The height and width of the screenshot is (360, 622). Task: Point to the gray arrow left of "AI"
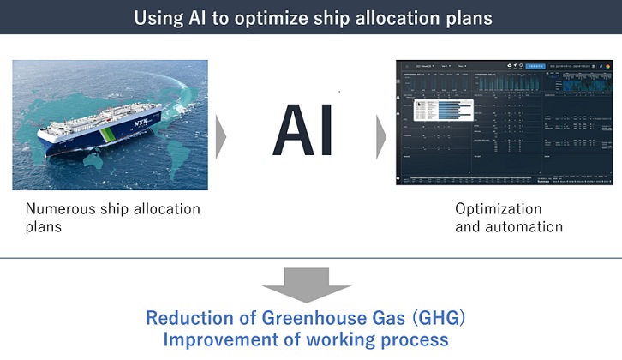221,134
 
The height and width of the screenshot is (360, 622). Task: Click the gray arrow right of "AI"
381,134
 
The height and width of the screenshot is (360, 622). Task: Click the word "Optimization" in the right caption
498,209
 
